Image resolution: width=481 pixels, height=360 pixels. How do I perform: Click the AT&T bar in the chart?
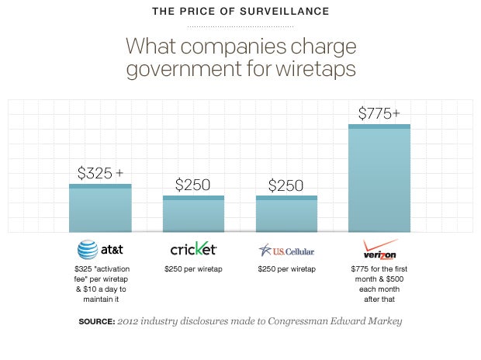[x=100, y=209]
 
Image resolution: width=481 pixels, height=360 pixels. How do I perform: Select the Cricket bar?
[x=193, y=214]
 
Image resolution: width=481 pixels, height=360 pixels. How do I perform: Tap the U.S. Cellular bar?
[x=286, y=214]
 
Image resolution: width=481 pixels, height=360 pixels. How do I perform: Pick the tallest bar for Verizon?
[x=379, y=178]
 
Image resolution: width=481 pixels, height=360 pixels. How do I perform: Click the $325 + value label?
[x=100, y=173]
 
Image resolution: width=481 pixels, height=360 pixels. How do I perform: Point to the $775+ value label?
[x=379, y=113]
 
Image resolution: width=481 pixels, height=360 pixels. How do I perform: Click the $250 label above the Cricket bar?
[x=193, y=185]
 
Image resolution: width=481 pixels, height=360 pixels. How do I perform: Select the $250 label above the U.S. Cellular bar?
[x=286, y=185]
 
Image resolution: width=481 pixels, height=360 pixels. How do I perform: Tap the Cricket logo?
[x=193, y=249]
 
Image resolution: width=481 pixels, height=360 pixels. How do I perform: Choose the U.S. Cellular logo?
[x=286, y=250]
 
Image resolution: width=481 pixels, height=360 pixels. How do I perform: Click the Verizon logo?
[x=380, y=249]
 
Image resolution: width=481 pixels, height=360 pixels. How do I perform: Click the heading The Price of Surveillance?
[x=240, y=11]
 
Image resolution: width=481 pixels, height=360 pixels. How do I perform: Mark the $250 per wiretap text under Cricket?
[x=193, y=268]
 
